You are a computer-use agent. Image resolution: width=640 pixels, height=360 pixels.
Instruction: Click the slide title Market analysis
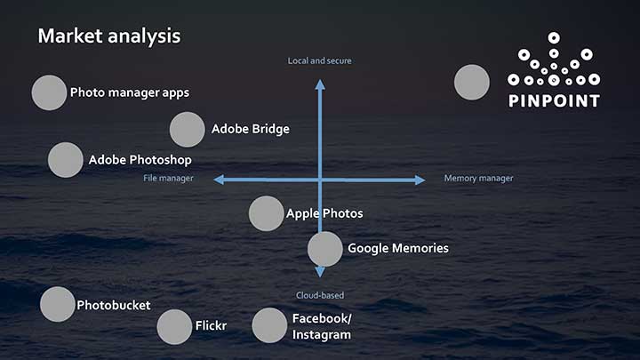tap(109, 36)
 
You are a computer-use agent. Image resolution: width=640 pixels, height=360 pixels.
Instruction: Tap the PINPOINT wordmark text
tap(554, 100)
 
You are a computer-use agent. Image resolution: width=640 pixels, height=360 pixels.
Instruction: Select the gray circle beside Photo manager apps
tap(49, 92)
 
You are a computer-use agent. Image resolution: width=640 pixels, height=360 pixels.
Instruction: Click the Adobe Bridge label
tap(250, 129)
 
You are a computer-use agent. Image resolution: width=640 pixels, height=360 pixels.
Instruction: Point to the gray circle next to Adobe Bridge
tap(188, 130)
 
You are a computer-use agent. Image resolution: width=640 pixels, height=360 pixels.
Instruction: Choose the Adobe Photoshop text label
tap(140, 160)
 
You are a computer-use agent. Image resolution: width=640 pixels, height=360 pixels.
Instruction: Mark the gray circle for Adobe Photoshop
tap(65, 160)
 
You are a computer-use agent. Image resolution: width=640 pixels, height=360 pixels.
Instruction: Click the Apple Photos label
tap(324, 213)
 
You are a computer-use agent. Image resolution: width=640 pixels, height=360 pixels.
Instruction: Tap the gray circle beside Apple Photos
tap(267, 213)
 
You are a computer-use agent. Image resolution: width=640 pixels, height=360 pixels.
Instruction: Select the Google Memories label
tap(397, 249)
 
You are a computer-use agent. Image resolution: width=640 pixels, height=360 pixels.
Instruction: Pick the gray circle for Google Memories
tap(325, 249)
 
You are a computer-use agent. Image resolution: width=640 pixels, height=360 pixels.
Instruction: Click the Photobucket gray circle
tap(58, 305)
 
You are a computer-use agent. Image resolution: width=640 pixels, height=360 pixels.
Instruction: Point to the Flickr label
tap(211, 326)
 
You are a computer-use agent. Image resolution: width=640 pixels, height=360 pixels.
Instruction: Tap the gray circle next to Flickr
tap(174, 326)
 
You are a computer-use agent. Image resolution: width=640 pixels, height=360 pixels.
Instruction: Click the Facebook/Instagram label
tap(322, 326)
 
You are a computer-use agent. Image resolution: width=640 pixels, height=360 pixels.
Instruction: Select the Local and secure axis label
tap(319, 60)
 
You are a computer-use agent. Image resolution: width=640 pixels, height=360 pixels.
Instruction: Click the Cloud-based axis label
tap(320, 295)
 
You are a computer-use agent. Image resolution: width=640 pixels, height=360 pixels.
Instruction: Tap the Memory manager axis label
tap(478, 179)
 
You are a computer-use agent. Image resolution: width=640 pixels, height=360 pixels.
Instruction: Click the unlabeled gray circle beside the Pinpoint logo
tap(472, 83)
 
